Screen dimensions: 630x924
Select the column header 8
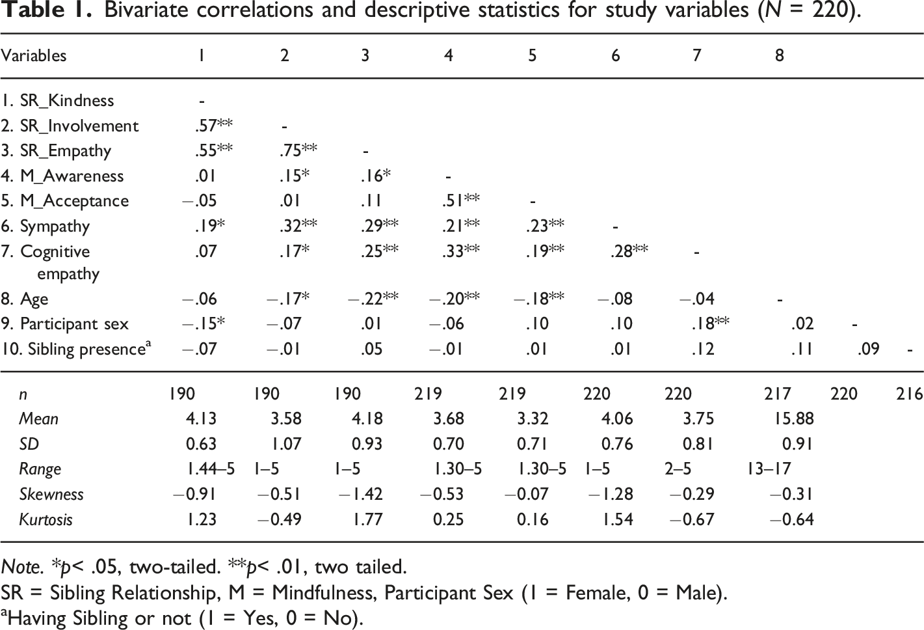[779, 55]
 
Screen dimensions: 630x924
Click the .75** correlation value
[298, 151]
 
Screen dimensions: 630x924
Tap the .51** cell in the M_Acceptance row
[460, 201]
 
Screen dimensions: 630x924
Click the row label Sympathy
[46, 226]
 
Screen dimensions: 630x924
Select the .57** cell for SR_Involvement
[213, 126]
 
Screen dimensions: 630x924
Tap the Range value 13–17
[769, 469]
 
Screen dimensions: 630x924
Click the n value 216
[909, 394]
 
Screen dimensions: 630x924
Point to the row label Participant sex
[65, 324]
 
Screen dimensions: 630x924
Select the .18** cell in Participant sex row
[709, 324]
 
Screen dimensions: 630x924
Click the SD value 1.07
[286, 445]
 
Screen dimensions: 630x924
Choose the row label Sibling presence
[77, 349]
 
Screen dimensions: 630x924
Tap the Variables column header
[34, 55]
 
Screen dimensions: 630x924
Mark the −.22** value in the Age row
[373, 299]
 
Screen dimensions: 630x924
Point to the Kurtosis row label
[46, 519]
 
